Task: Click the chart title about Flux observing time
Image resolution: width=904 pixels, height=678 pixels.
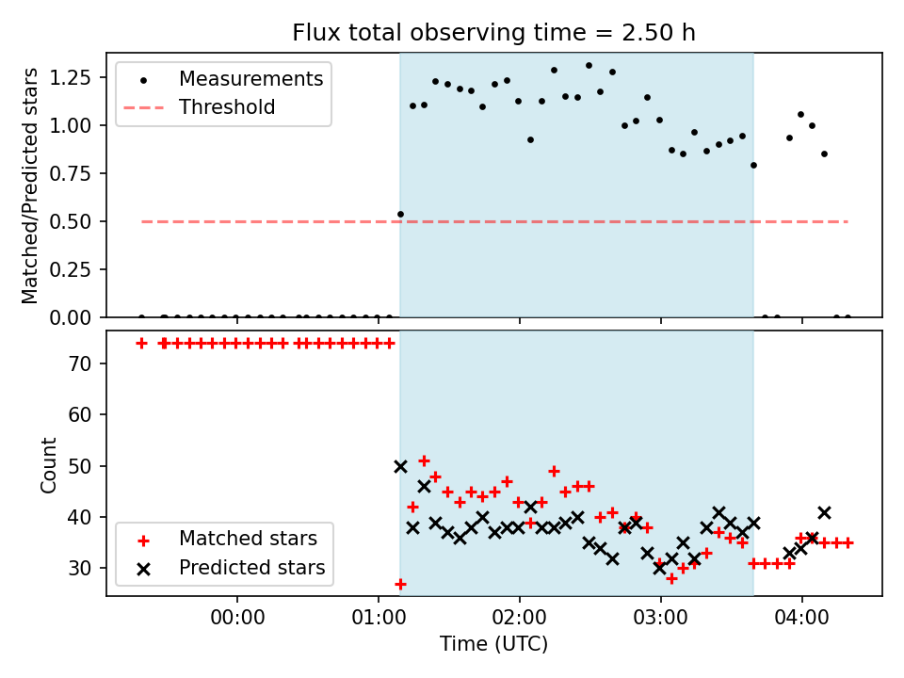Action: click(x=493, y=33)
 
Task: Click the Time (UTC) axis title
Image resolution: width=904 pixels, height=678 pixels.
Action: click(x=493, y=644)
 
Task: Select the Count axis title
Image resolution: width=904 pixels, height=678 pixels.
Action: click(x=49, y=465)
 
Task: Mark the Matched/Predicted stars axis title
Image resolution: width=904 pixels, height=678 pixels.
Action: click(x=30, y=186)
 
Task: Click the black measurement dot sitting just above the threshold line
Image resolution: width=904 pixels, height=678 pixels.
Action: click(x=400, y=214)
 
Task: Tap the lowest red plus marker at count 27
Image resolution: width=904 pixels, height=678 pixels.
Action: click(x=400, y=584)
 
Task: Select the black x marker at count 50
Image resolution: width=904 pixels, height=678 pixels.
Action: click(x=400, y=466)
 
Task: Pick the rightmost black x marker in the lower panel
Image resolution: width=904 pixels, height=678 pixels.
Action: click(x=824, y=512)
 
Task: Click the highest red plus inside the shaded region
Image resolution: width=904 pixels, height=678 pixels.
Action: click(x=424, y=460)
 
